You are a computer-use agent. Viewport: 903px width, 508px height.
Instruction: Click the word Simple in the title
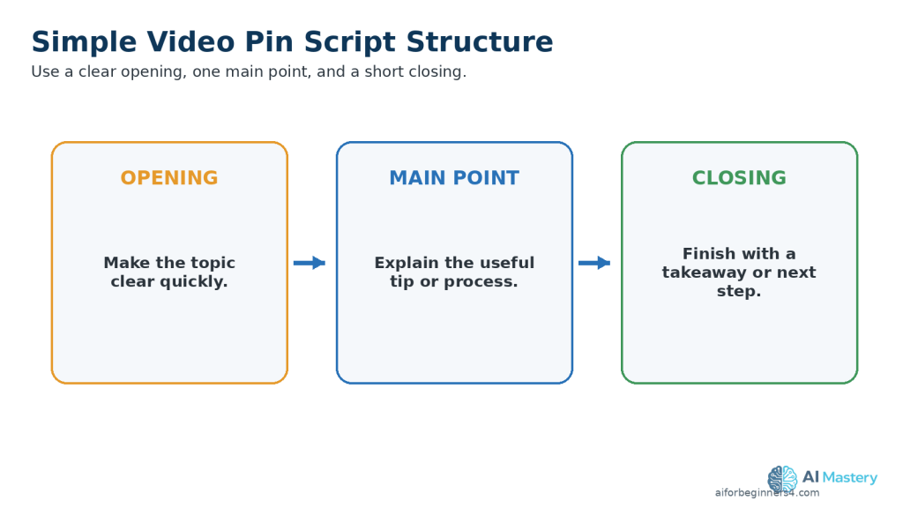tap(84, 43)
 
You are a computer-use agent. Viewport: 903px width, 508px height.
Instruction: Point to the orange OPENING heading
tap(169, 177)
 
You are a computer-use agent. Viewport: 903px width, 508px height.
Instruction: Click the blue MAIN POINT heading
tap(454, 177)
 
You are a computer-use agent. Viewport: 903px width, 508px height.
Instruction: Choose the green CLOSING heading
tap(740, 177)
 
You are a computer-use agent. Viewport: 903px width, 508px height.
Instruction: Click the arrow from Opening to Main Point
tap(310, 263)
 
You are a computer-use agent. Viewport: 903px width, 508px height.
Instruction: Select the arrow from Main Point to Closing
tap(594, 263)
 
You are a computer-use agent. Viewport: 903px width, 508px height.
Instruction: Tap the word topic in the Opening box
tap(213, 263)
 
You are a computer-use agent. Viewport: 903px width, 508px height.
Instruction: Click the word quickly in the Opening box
tap(193, 281)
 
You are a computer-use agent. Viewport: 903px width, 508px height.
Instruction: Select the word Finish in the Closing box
tap(706, 253)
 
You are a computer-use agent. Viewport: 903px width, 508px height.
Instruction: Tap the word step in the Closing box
tap(739, 291)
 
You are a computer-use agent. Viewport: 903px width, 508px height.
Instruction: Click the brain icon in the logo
tap(783, 480)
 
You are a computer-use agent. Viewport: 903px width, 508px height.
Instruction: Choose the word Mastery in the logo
tap(850, 477)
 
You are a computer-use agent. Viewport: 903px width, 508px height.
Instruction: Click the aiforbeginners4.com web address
tap(767, 492)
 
